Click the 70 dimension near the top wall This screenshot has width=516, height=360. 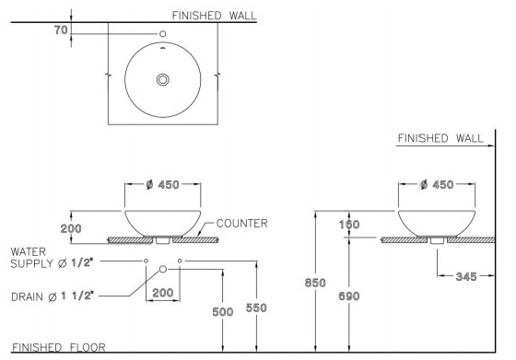tap(61, 30)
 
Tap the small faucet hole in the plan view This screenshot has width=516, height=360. tap(162, 33)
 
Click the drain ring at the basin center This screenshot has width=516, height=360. tap(162, 79)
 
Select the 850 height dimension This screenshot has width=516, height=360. tap(315, 283)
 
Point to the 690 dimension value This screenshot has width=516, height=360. tap(349, 296)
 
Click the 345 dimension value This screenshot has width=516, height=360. tap(466, 277)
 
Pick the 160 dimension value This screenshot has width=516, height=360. tap(349, 225)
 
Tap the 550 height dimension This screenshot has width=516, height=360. tap(256, 308)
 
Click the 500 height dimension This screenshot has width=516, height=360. tap(223, 312)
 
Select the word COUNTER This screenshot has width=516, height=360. tap(241, 224)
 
